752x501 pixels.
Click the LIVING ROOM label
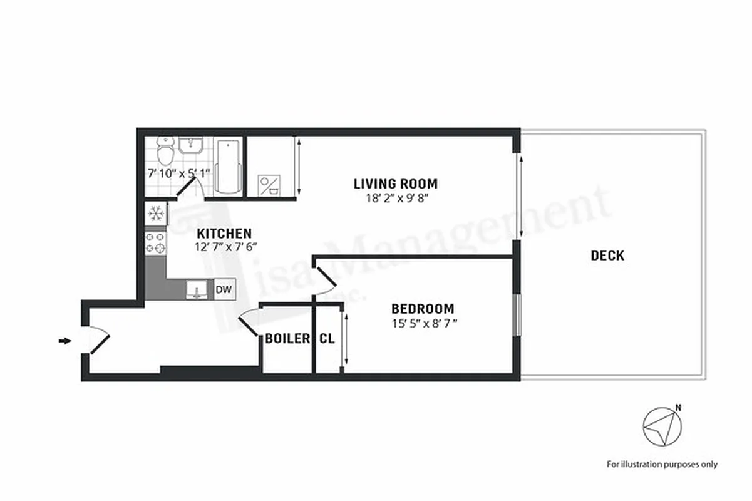[x=395, y=183]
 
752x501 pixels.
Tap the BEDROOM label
[x=423, y=309]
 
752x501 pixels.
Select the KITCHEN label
[x=224, y=233]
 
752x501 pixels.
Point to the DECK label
[x=607, y=256]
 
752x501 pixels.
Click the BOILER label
[x=287, y=339]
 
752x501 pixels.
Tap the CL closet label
[x=327, y=339]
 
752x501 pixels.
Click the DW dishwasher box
[x=224, y=289]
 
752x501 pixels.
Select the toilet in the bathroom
[x=165, y=151]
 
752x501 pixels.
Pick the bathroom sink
[x=190, y=145]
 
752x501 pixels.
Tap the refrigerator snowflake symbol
[x=155, y=214]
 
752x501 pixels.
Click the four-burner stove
[x=155, y=242]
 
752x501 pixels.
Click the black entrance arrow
[x=64, y=341]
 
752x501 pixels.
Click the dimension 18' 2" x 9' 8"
[x=395, y=199]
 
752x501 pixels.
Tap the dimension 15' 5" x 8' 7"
[x=423, y=324]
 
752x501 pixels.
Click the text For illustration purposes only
[x=662, y=464]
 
